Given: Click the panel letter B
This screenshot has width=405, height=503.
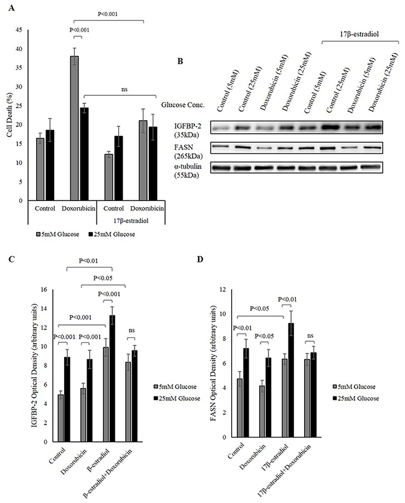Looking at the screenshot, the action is [x=180, y=60].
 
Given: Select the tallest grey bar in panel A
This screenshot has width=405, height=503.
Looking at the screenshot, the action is [x=75, y=128].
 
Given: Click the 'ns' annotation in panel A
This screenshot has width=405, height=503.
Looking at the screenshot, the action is [x=124, y=90].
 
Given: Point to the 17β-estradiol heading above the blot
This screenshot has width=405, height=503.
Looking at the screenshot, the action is [x=360, y=34].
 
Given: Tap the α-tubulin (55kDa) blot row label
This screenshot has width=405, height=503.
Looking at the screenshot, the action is [x=188, y=171].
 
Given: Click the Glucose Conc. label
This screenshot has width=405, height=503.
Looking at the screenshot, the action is [x=183, y=105].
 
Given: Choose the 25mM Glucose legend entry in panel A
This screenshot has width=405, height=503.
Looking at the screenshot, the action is [x=112, y=235].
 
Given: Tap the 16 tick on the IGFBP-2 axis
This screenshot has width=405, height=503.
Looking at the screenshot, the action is [x=44, y=289].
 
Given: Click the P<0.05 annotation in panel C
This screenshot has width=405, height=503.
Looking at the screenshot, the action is [x=103, y=278].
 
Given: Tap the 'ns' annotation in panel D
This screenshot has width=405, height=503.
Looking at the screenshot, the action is [x=310, y=336].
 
